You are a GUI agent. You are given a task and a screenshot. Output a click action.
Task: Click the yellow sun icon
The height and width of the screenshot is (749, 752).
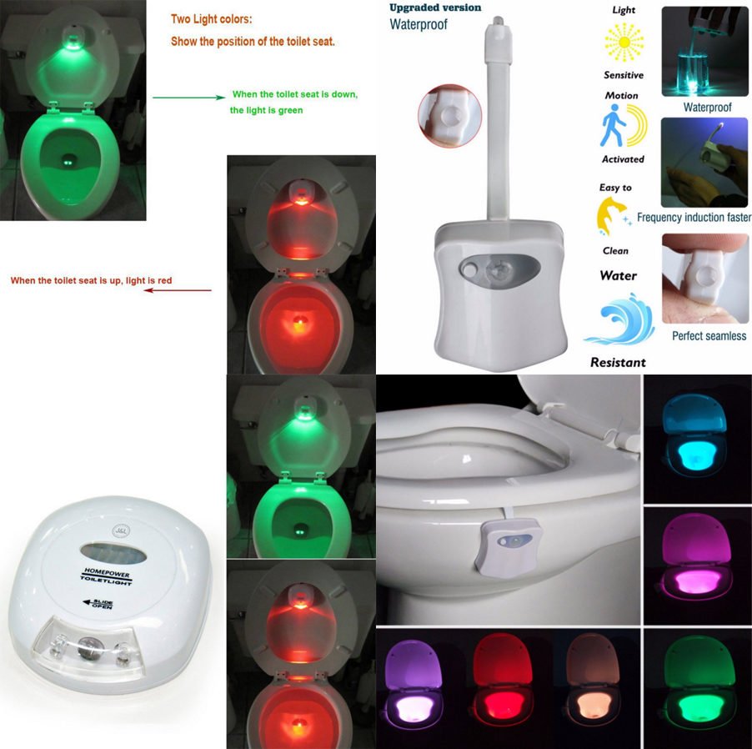pos(624,43)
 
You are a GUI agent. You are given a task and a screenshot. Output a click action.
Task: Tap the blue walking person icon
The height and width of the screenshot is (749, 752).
pos(612,126)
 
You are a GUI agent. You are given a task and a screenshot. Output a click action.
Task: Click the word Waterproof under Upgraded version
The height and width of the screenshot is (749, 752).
pos(419,24)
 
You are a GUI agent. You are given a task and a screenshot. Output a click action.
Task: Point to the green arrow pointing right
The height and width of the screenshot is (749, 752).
pos(188,98)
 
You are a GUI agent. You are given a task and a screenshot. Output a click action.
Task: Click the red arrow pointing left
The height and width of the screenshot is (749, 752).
pos(178,290)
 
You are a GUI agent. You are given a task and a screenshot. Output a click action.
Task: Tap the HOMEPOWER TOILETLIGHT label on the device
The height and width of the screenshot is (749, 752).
pos(106,576)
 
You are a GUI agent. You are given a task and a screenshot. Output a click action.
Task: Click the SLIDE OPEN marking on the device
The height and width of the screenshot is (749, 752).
pos(98,604)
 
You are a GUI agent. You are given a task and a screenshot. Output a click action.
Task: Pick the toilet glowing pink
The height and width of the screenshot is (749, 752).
pos(696,556)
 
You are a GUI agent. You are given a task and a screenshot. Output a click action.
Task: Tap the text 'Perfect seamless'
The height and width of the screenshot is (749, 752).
pos(709,336)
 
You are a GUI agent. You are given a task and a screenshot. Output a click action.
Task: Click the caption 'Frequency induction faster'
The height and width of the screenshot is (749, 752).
pos(694,218)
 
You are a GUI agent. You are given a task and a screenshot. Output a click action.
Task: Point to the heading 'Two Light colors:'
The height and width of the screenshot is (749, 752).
pos(211,19)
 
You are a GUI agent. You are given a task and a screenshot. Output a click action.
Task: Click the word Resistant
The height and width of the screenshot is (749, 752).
pos(618,362)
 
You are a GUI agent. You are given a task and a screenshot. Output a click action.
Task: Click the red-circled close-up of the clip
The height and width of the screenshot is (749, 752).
pos(450,116)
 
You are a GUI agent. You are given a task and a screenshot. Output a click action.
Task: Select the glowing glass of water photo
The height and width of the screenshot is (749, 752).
pos(704,52)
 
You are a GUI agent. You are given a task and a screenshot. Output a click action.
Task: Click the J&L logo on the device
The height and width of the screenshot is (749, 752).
pos(120,530)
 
